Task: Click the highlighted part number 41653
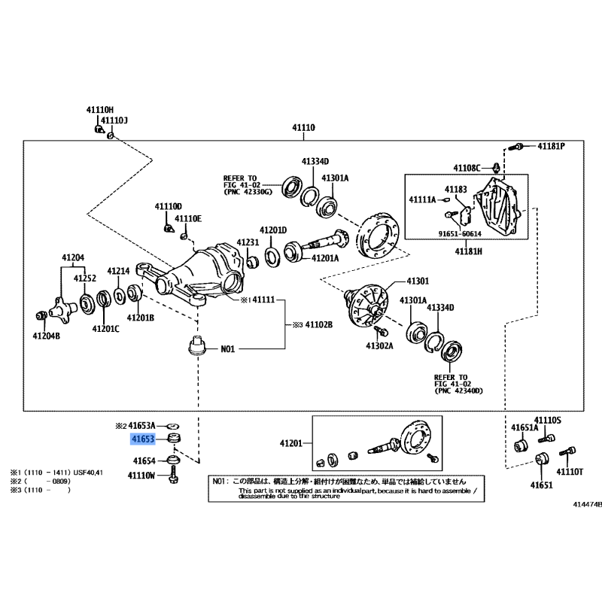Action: [x=142, y=438]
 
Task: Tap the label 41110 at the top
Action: [x=304, y=129]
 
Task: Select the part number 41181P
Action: [x=550, y=145]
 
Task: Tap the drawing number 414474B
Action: [x=587, y=505]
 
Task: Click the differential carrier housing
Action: [x=211, y=271]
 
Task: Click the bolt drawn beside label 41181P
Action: [x=520, y=146]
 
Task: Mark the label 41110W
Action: [x=141, y=476]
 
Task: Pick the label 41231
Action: [x=248, y=242]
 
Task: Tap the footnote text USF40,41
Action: [x=87, y=472]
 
